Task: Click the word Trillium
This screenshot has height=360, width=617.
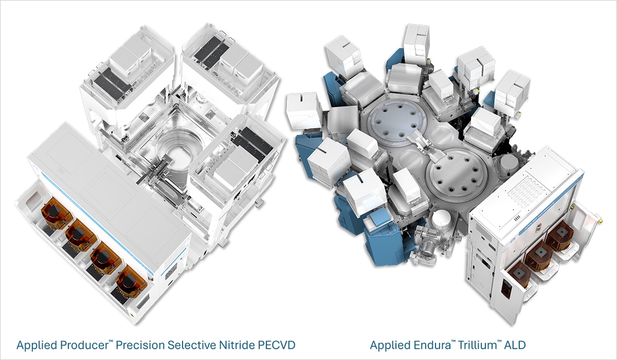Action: [x=463, y=345]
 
